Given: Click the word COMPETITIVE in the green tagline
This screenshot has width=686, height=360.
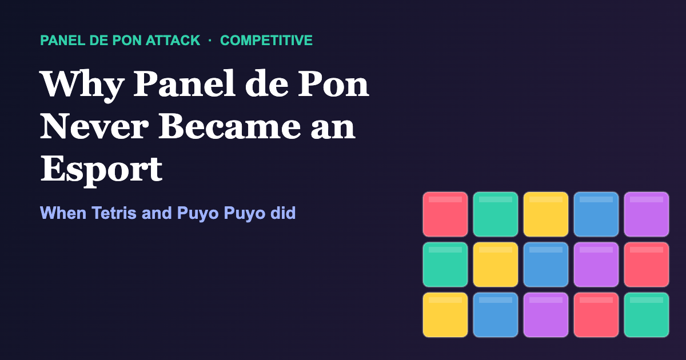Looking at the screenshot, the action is (x=266, y=41).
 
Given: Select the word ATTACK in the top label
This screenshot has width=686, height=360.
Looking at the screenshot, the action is (x=173, y=41).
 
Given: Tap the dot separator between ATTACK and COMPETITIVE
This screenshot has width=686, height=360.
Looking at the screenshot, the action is (x=210, y=41).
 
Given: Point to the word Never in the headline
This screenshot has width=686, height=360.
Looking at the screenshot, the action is (x=94, y=126).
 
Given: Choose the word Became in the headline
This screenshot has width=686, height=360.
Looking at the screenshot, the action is (x=229, y=126).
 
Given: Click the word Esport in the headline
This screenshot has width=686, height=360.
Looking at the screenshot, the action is (x=101, y=170).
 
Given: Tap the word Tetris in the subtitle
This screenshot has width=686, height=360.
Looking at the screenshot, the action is (x=114, y=213).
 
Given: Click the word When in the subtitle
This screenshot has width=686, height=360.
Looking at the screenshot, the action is (x=63, y=213).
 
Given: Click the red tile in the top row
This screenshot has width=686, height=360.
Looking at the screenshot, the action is (x=445, y=214).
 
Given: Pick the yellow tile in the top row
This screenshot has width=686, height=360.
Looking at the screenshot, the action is (x=546, y=214).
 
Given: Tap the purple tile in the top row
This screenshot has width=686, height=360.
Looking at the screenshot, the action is (x=647, y=214).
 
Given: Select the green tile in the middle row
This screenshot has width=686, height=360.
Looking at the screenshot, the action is (x=445, y=265).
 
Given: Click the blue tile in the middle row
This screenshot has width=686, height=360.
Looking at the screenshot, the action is (x=546, y=265).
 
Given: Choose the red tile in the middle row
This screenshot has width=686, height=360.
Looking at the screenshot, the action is (x=647, y=265).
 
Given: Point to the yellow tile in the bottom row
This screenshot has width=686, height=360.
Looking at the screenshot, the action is (x=445, y=315).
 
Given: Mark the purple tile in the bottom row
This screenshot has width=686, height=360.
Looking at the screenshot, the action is (x=546, y=315).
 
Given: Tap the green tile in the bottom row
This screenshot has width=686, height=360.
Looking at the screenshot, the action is (x=647, y=315).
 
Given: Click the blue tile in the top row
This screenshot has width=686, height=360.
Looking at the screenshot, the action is (x=596, y=214).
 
